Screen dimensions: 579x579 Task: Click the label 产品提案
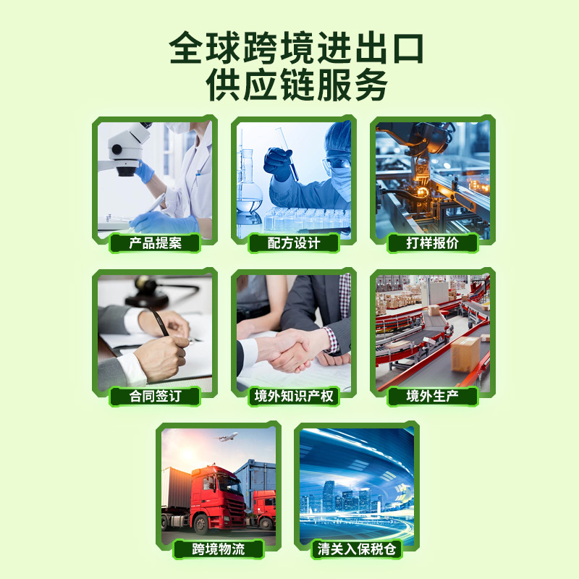pos(155,243)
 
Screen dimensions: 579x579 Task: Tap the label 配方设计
pos(294,243)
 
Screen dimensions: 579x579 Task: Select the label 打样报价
pos(433,243)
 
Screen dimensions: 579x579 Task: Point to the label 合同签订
pos(155,396)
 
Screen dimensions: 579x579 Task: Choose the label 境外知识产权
pos(294,396)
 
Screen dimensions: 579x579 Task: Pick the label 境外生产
pos(433,396)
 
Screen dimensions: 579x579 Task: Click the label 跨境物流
pos(219,549)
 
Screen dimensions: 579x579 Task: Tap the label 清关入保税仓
pos(357,549)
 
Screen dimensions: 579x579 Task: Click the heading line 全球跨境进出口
pos(296,48)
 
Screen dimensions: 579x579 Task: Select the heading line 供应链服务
pos(297,85)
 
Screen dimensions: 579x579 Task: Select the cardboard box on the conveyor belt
pos(465,354)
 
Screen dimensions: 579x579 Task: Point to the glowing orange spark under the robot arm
pos(422,191)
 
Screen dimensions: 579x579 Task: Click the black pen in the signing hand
pos(159,322)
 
